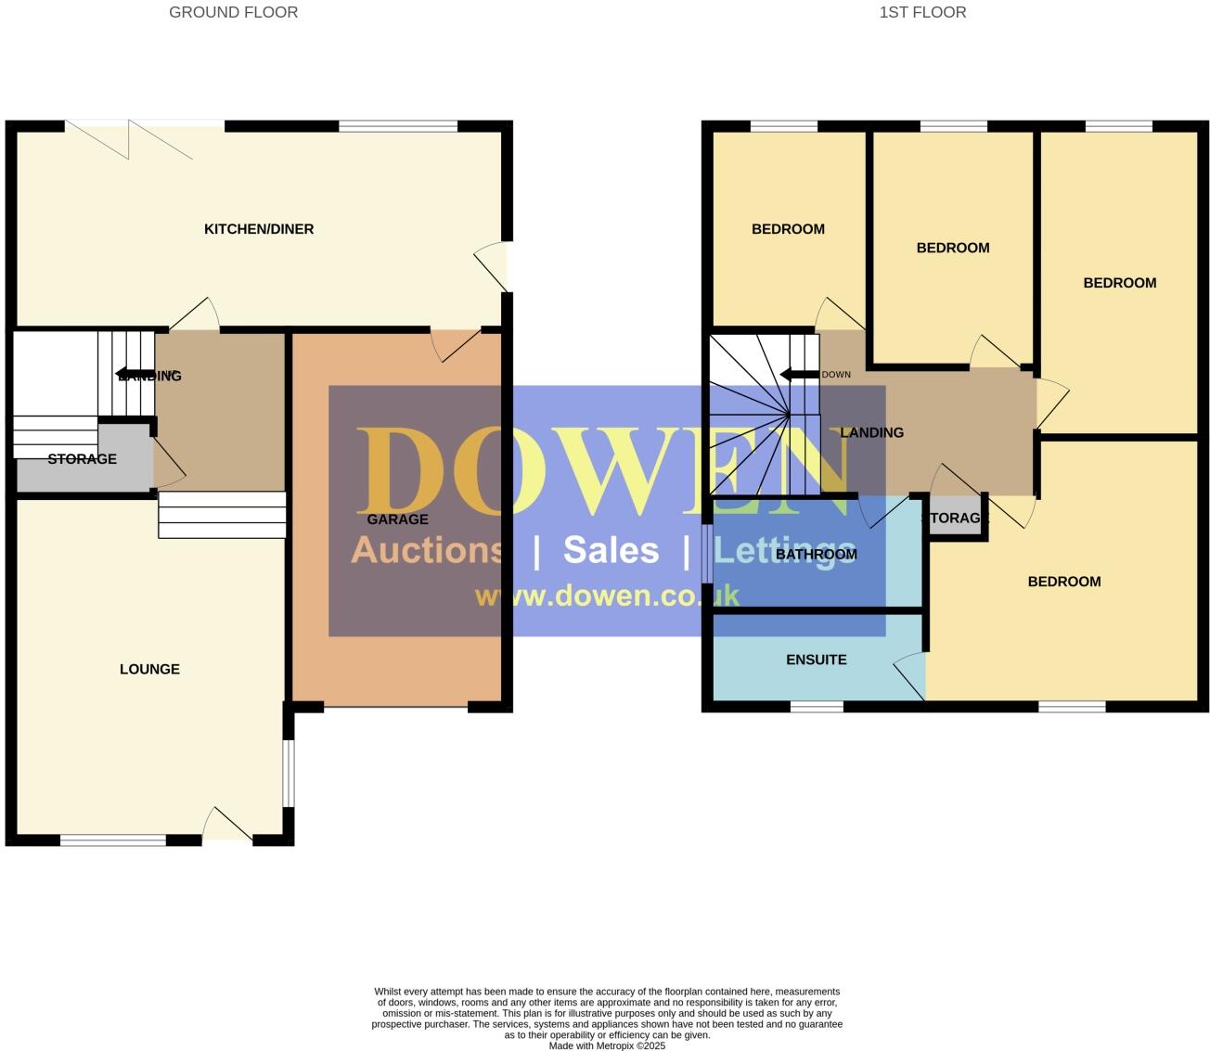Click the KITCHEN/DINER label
point(259,229)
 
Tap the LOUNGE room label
point(149,669)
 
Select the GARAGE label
point(397,519)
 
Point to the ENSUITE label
point(816,660)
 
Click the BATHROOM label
point(816,555)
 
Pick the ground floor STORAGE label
point(82,459)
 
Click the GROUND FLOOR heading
point(233,12)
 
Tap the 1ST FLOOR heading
point(922,12)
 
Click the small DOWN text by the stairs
point(836,375)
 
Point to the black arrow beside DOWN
point(797,375)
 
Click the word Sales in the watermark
point(611,550)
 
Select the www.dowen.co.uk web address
point(607,596)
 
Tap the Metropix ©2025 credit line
point(607,1045)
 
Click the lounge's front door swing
point(225,825)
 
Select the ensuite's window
point(817,707)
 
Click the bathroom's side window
point(707,555)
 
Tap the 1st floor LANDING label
point(871,432)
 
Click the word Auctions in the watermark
point(427,550)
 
